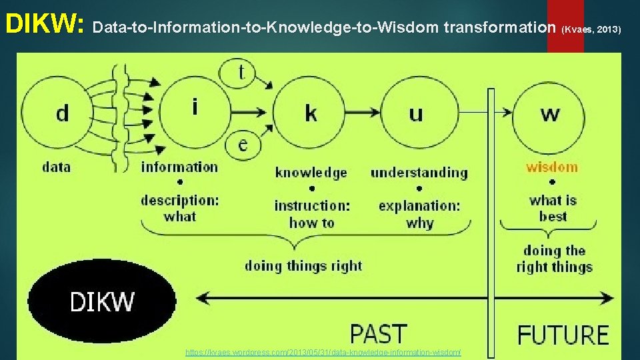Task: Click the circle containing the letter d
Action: coord(61,112)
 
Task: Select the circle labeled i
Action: coord(194,109)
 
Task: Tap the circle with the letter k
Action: coord(311,113)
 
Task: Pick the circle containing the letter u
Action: coord(417,113)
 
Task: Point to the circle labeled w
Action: coord(550,113)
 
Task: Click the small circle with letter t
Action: coord(241,71)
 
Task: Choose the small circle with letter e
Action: coord(243,145)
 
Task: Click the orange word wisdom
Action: coord(552,167)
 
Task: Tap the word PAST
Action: coord(378,333)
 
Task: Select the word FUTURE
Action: coord(563,334)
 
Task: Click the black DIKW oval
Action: coord(101,301)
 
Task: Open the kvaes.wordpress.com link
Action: coord(323,352)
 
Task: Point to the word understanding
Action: coord(419,173)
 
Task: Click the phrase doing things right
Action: coord(303,266)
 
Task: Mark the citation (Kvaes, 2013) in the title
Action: coord(592,29)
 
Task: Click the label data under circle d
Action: coord(56,167)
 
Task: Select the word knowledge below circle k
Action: coord(311,173)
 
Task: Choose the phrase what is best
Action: coord(553,208)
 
